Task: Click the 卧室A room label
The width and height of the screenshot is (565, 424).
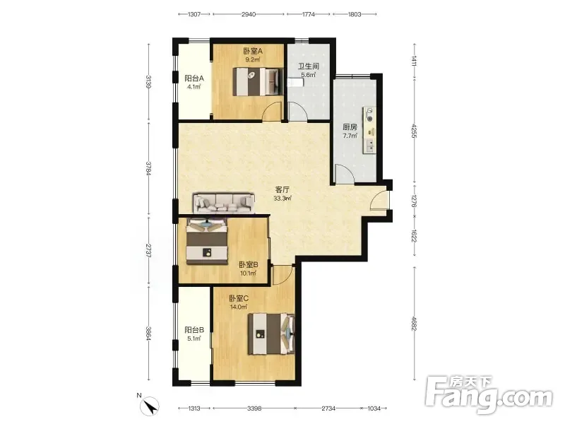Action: click(x=253, y=51)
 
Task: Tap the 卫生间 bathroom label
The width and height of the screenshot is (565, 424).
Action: click(x=309, y=66)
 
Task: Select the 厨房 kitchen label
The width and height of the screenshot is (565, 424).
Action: click(x=350, y=127)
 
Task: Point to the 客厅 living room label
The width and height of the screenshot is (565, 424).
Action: click(x=282, y=189)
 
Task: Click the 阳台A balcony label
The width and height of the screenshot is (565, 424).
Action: click(x=194, y=78)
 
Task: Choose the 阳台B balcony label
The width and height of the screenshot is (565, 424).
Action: click(x=194, y=330)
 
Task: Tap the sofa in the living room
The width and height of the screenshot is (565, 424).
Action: click(x=224, y=204)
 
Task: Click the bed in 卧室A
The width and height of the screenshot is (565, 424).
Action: click(x=256, y=82)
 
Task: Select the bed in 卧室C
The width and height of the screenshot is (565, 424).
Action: click(x=271, y=334)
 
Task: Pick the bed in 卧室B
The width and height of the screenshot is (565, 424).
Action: click(x=207, y=241)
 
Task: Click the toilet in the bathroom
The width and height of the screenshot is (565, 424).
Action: click(x=296, y=83)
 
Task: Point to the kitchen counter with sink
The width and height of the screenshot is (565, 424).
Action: click(x=369, y=130)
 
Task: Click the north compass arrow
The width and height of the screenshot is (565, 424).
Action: click(x=150, y=406)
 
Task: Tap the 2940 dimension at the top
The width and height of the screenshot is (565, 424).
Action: click(x=249, y=14)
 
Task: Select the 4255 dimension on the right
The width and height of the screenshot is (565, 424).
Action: click(x=415, y=131)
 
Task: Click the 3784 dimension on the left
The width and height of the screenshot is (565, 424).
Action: click(x=148, y=168)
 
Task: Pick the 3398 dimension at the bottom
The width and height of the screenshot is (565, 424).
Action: click(x=254, y=408)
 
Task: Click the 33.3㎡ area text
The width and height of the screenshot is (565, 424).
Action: click(x=282, y=199)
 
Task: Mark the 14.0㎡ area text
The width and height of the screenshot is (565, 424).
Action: click(x=239, y=307)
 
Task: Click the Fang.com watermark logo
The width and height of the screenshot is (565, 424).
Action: click(x=489, y=395)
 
